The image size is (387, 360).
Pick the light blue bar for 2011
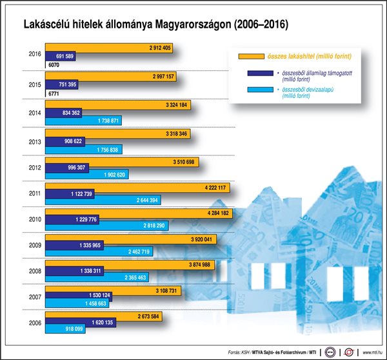[x=103, y=201]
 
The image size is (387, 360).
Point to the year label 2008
[x=36, y=272]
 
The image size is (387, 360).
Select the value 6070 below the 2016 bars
[x=54, y=66]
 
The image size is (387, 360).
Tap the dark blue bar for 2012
[x=71, y=168]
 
